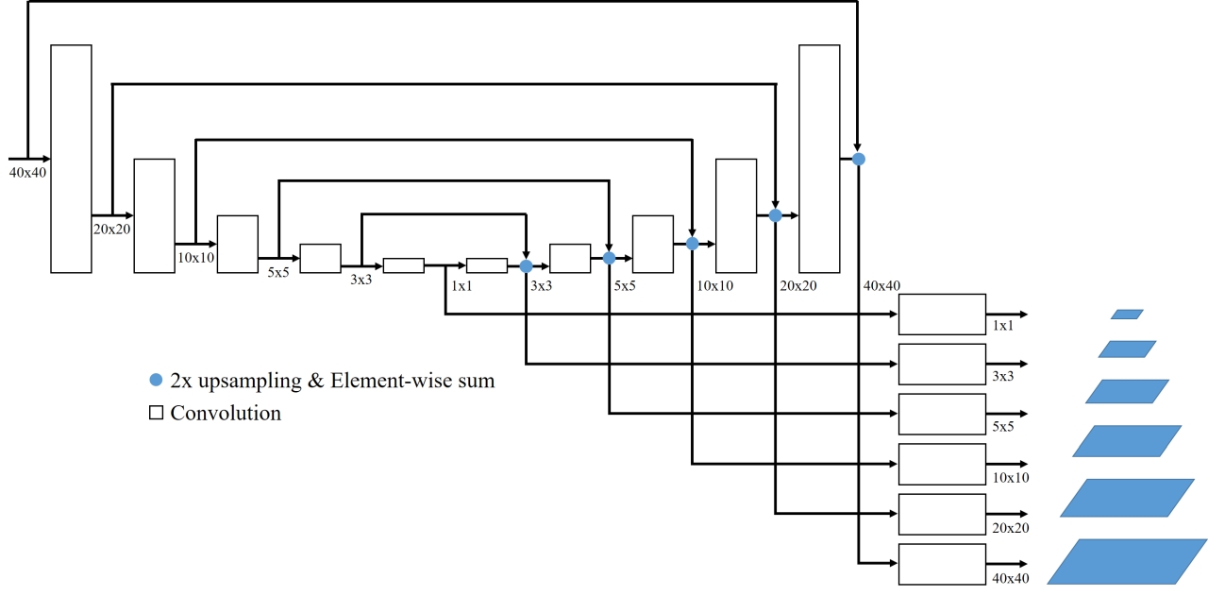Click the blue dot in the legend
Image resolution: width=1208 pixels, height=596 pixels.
pos(156,381)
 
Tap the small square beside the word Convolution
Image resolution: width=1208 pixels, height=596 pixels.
pos(157,413)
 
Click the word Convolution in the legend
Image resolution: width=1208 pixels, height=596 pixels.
pos(226,413)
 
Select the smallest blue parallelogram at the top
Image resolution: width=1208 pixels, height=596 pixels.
pos(1127,315)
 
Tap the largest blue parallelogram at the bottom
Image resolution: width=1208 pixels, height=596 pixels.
pos(1127,561)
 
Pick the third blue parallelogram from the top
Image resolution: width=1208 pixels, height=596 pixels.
pos(1127,391)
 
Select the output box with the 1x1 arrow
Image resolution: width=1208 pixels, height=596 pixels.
pos(941,314)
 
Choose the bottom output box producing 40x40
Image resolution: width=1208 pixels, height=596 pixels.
pos(941,564)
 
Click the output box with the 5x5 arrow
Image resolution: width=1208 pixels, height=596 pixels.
pos(941,414)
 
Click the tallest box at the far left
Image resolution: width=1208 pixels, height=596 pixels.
pos(71,159)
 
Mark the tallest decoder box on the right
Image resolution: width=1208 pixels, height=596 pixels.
pos(819,159)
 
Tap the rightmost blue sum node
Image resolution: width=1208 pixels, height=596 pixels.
pos(858,159)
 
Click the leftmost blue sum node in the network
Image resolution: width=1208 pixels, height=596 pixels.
pos(526,266)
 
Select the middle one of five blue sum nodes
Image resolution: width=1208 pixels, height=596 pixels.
pos(692,244)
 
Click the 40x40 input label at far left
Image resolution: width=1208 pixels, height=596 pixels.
pos(27,172)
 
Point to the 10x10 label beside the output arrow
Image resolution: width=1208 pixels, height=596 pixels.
pos(1010,478)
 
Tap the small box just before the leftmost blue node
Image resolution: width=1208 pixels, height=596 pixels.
pos(487,265)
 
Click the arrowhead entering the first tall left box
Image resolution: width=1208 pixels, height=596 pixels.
pos(45,159)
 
